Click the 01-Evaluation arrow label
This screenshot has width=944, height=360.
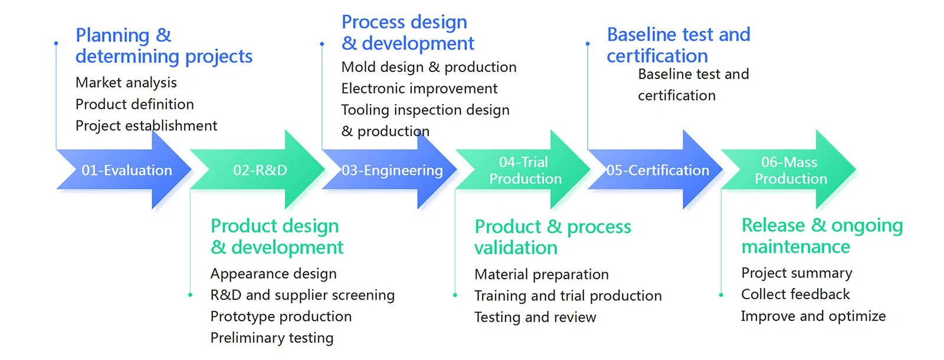(127, 171)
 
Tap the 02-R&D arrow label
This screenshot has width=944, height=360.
(260, 171)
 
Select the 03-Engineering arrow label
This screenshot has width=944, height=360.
(392, 171)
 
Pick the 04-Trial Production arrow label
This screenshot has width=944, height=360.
(525, 171)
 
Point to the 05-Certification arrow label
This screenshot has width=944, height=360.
(658, 171)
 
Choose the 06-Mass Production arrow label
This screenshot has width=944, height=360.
(790, 171)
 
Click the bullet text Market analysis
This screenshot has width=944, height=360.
(126, 83)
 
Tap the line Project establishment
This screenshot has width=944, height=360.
(146, 126)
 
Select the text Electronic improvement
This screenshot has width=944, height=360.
(419, 89)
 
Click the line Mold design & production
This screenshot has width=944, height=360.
(429, 67)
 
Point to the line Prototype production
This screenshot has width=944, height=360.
(281, 316)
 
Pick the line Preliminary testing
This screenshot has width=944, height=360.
(272, 338)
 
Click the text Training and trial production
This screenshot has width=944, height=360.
(568, 296)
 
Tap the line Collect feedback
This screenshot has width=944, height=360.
(795, 294)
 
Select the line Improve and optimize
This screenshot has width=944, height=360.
(813, 316)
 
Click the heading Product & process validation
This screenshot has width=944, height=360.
(552, 237)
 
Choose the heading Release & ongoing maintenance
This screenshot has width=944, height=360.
(821, 235)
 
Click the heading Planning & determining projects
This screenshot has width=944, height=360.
(163, 45)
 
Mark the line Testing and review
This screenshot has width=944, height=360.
(535, 318)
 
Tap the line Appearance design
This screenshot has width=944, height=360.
(273, 274)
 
